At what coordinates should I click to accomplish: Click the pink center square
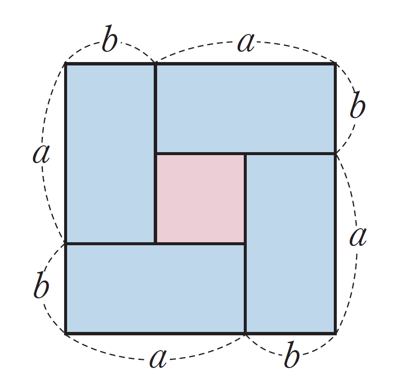coord(200,198)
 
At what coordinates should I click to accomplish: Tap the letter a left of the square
coord(41,154)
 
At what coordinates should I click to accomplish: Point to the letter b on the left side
coord(41,288)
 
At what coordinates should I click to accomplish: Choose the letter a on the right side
coord(358,237)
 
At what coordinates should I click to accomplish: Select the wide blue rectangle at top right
coord(245,108)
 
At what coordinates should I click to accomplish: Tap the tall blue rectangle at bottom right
coord(290,244)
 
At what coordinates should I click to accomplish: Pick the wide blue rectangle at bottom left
coord(155,289)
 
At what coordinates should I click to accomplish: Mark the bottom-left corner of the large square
coord(66,333)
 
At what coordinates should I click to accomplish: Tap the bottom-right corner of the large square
coord(335,333)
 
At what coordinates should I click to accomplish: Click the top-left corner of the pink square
coord(156,154)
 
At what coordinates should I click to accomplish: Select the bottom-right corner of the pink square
coord(245,243)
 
